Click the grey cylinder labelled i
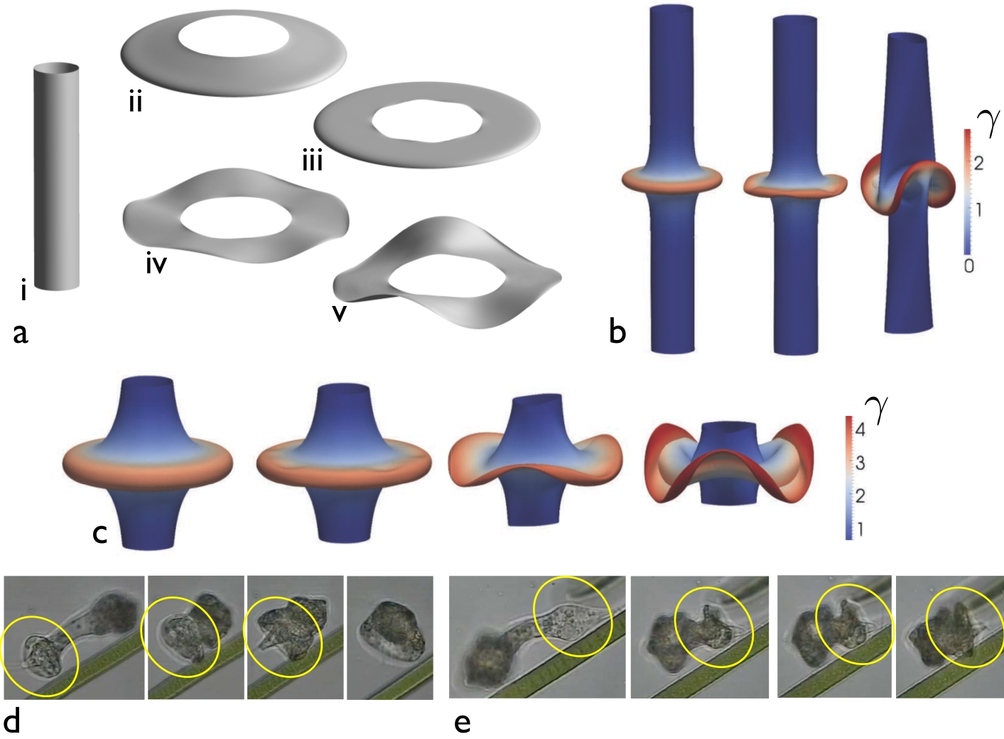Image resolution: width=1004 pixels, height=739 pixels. tap(56, 177)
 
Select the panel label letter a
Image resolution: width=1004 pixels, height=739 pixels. tap(21, 332)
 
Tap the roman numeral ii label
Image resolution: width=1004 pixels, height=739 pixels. tap(135, 103)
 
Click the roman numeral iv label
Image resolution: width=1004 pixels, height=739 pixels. tap(156, 265)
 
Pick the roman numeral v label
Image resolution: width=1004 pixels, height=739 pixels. tap(340, 313)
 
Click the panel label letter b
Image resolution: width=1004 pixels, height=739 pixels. tap(617, 331)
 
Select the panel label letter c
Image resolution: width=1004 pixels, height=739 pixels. tap(100, 532)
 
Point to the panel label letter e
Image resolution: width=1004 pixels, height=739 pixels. tap(463, 723)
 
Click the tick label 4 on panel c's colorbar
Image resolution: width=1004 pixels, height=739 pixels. tap(860, 429)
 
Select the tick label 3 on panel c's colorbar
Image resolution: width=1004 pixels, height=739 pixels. tap(860, 464)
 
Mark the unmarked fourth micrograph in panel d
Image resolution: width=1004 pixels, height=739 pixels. tap(389, 637)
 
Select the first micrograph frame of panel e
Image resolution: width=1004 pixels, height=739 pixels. tap(538, 637)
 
